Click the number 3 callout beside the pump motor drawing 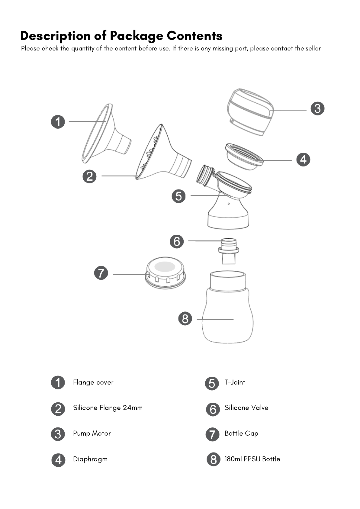click(x=317, y=108)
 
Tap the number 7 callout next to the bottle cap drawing click(x=101, y=273)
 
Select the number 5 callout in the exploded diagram click(x=178, y=196)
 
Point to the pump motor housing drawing click(x=250, y=112)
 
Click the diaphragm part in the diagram click(x=244, y=156)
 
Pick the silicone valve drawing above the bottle click(x=229, y=251)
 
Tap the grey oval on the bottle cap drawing click(x=165, y=266)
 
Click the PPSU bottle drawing click(x=228, y=307)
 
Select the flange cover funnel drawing click(x=106, y=134)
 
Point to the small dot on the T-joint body click(x=229, y=204)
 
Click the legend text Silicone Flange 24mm click(x=108, y=408)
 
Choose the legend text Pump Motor click(x=92, y=433)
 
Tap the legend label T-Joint click(x=235, y=382)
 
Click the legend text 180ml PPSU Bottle click(x=252, y=459)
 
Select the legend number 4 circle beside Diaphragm click(x=58, y=460)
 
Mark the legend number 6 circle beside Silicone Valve click(x=213, y=409)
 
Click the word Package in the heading click(x=137, y=36)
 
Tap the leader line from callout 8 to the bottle click(x=215, y=320)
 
